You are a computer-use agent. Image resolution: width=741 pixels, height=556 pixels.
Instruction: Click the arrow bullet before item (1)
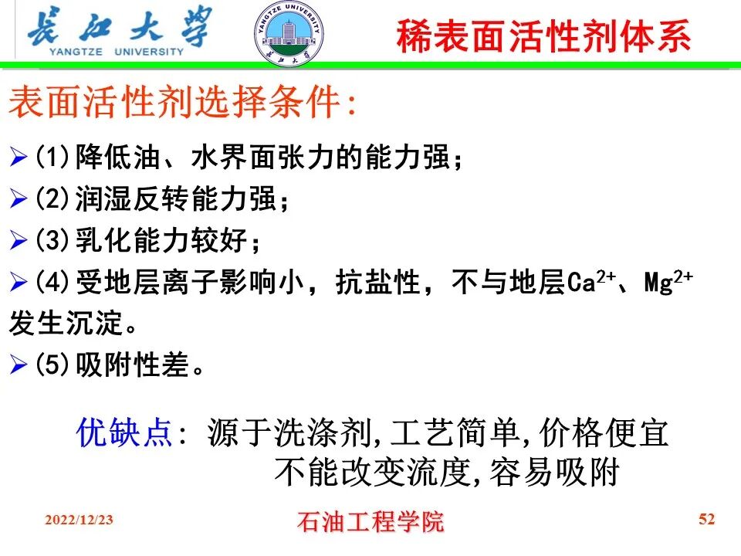tap(18, 159)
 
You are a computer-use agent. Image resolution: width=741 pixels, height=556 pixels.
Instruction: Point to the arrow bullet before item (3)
tap(18, 242)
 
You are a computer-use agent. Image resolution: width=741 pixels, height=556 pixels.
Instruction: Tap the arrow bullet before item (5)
tap(18, 365)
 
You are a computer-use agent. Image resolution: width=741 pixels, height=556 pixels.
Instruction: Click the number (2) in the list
tap(53, 200)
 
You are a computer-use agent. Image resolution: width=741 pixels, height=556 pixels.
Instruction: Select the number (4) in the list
tap(53, 283)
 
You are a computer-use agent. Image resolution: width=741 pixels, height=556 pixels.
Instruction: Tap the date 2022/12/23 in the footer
tap(79, 520)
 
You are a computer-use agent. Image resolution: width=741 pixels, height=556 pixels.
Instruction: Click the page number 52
tap(706, 518)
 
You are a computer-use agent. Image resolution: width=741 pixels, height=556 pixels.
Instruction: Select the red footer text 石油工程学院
tap(370, 521)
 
